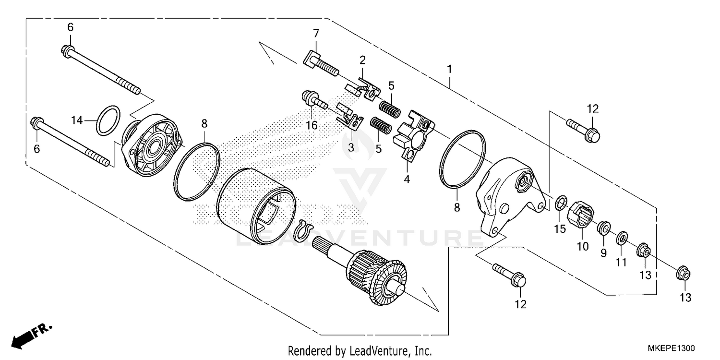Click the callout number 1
(449, 69)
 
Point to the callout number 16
(312, 125)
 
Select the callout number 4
(407, 180)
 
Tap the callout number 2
(362, 60)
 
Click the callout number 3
(351, 147)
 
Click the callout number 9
(603, 252)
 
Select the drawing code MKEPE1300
(671, 348)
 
